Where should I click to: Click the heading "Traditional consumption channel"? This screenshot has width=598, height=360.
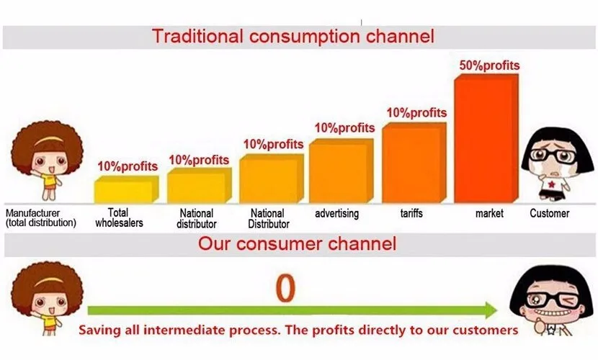click(293, 37)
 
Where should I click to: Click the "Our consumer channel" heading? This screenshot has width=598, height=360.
click(297, 244)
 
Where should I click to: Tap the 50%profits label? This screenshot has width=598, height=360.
click(489, 66)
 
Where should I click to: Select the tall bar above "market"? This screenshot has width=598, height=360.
click(486, 138)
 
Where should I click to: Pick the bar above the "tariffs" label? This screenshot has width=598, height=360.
click(414, 163)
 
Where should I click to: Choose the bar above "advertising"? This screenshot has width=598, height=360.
click(342, 171)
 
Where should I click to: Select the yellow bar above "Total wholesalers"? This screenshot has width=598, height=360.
click(126, 189)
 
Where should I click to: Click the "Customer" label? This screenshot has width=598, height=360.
click(549, 213)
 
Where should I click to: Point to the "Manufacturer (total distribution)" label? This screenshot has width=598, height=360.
click(41, 218)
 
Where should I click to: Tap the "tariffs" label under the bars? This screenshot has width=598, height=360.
click(411, 213)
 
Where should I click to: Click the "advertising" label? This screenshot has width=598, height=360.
click(336, 213)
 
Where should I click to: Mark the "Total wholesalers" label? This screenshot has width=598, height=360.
click(119, 218)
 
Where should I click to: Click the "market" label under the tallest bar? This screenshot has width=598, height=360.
click(489, 214)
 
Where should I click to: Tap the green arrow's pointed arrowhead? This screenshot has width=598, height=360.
click(491, 310)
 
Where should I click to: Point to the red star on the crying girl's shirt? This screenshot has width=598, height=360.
click(551, 185)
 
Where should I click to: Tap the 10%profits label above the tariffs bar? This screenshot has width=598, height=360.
click(416, 113)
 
